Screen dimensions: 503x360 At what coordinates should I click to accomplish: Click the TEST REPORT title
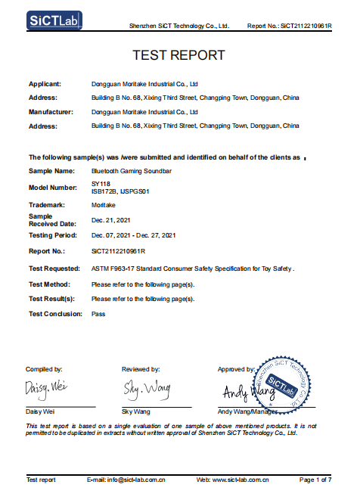(178, 55)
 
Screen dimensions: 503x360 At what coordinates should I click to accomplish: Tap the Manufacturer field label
(51, 111)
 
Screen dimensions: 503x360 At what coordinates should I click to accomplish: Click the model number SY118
(101, 184)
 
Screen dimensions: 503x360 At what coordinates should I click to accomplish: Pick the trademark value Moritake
(104, 205)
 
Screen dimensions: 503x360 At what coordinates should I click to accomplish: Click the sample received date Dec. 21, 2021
(112, 219)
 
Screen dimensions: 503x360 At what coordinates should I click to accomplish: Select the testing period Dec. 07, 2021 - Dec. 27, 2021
(133, 236)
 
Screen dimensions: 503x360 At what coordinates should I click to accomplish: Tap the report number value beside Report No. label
(118, 251)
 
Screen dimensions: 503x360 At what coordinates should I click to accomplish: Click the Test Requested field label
(54, 269)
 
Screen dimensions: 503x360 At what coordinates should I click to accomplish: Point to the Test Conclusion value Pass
(98, 313)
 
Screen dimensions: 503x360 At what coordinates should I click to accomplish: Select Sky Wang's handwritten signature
(147, 389)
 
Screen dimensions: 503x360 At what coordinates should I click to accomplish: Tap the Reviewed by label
(141, 369)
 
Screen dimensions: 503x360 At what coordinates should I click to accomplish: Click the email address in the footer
(126, 480)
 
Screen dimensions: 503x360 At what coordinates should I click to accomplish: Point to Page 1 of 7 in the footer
(315, 480)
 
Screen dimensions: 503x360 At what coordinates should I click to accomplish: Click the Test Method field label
(49, 284)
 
